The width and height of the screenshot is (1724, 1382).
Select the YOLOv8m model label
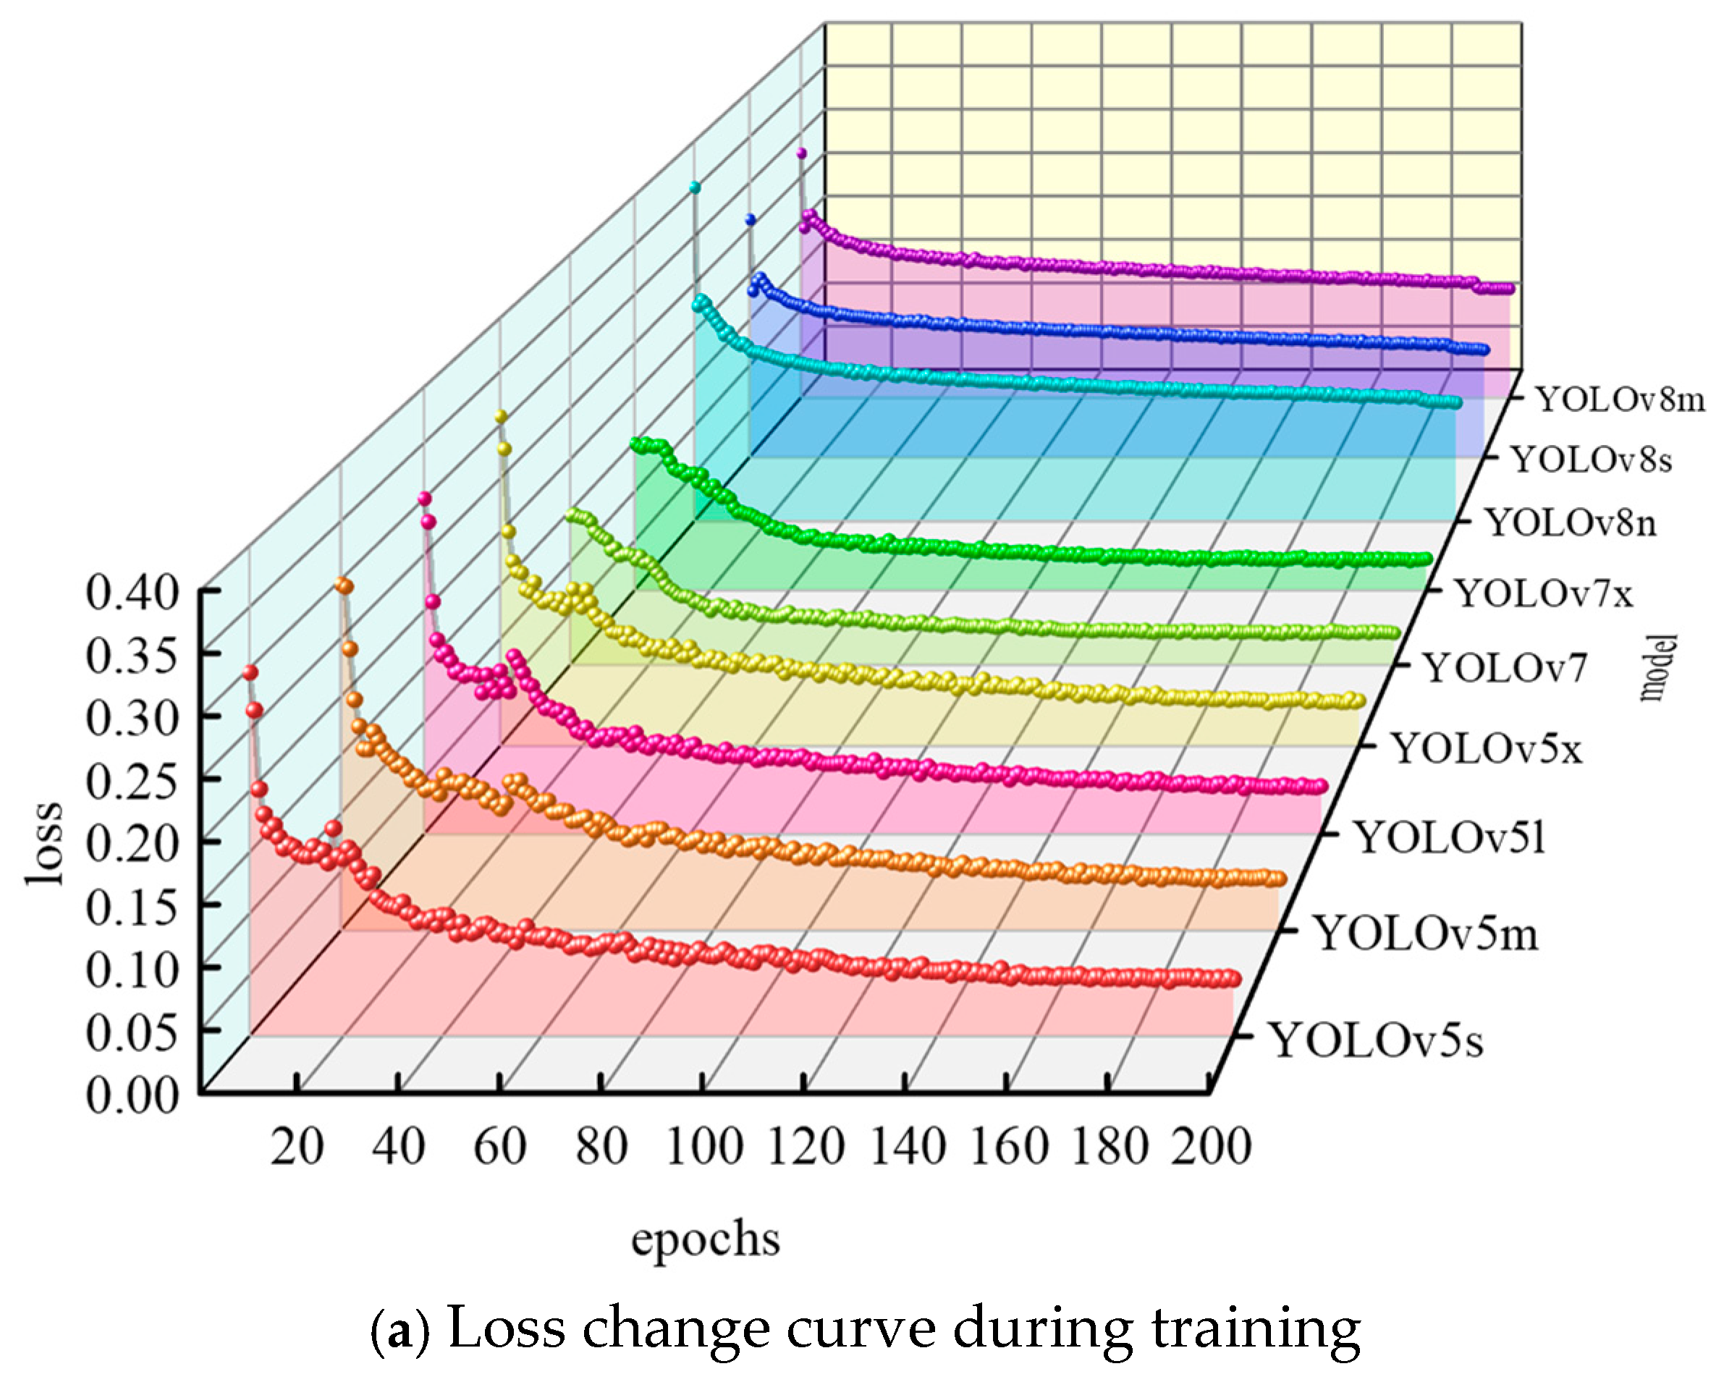pyautogui.click(x=1620, y=399)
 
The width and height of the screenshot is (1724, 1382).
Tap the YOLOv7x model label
pyautogui.click(x=1543, y=594)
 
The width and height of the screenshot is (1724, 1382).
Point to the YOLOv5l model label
pyautogui.click(x=1449, y=838)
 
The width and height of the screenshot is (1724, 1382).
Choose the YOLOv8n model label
pyautogui.click(x=1571, y=524)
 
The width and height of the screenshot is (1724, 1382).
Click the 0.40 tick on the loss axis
pyautogui.click(x=131, y=593)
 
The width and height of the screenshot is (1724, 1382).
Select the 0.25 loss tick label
pyautogui.click(x=131, y=781)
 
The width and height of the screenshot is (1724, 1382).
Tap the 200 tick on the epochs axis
pyautogui.click(x=1211, y=1147)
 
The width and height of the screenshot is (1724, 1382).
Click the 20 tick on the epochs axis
pyautogui.click(x=297, y=1147)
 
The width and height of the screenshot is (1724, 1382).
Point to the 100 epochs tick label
pyautogui.click(x=703, y=1147)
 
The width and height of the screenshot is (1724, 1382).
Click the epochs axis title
pyautogui.click(x=705, y=1239)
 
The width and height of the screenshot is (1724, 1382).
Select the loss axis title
pyautogui.click(x=44, y=842)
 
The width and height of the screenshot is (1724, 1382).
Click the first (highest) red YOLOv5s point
pyautogui.click(x=250, y=672)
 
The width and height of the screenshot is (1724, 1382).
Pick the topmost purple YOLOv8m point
pyautogui.click(x=801, y=153)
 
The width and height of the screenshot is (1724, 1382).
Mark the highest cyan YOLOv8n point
pyautogui.click(x=695, y=188)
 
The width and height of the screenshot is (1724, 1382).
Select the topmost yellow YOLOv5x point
pyautogui.click(x=502, y=415)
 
